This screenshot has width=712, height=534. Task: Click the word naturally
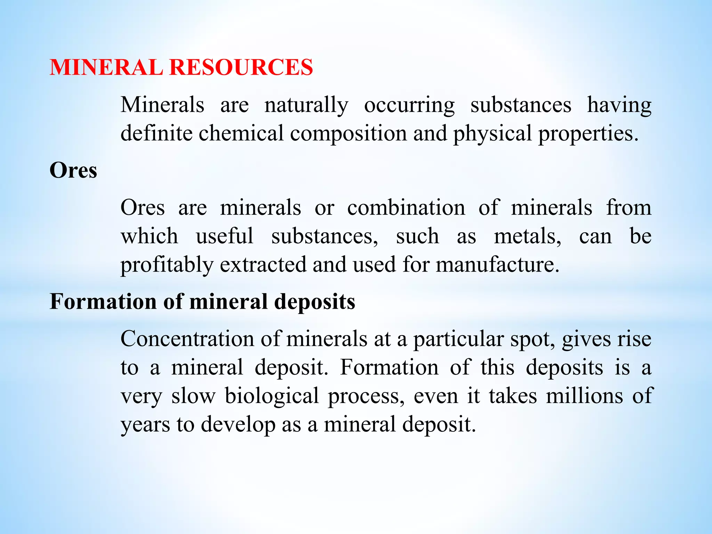(x=306, y=105)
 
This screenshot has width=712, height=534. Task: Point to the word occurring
(x=409, y=105)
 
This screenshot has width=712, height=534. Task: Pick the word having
(x=619, y=105)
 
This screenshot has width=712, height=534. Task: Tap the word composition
(x=348, y=134)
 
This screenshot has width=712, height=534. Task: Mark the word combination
(x=406, y=208)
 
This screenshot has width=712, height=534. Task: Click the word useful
(x=225, y=236)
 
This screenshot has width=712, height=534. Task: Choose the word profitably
(x=167, y=265)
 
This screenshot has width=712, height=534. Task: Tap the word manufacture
(x=497, y=265)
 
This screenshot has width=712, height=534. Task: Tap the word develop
(x=238, y=425)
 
